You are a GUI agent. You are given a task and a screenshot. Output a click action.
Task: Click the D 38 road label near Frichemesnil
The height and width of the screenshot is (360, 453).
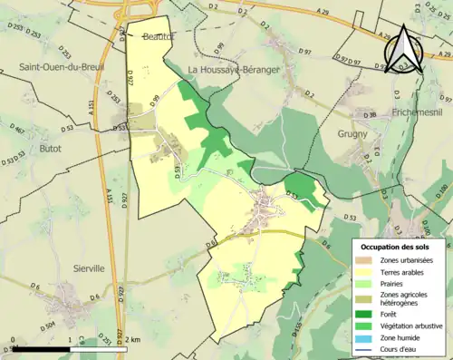pos(369,115)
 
